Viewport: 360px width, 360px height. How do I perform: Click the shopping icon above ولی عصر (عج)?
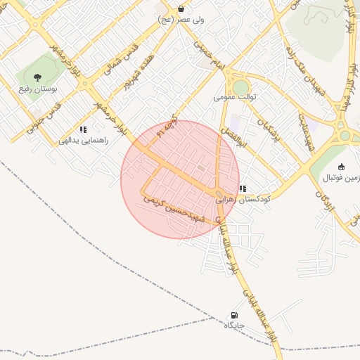(x=181, y=9)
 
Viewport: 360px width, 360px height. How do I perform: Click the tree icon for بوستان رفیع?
(x=37, y=77)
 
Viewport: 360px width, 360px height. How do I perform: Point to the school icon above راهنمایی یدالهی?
(x=83, y=129)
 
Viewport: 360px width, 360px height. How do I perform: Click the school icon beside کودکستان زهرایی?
(x=243, y=188)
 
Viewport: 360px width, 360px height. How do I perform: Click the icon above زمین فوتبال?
(x=342, y=167)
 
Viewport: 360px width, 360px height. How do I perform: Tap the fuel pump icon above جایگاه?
(x=233, y=315)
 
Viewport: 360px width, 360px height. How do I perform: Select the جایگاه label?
(x=234, y=326)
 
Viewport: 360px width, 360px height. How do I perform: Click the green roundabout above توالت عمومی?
(x=241, y=86)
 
